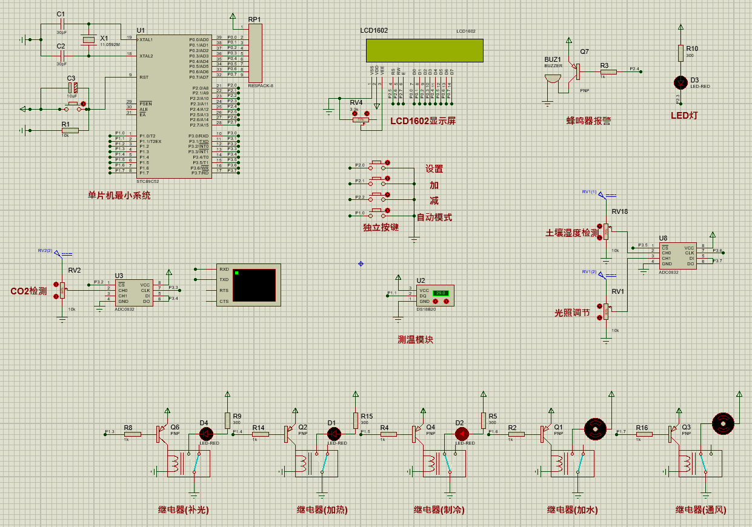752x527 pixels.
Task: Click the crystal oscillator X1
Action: [89, 40]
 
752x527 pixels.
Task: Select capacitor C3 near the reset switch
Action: [72, 87]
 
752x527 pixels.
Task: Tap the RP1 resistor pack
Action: [255, 53]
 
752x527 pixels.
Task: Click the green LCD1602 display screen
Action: [424, 50]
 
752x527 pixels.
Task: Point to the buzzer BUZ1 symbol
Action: [552, 79]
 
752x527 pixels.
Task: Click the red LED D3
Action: [680, 81]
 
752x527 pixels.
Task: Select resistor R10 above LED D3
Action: [680, 53]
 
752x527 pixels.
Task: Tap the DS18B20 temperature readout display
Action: [441, 293]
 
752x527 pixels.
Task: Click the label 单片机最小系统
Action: [119, 195]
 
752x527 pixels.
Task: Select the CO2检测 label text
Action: [28, 291]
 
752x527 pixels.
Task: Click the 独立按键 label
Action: [381, 227]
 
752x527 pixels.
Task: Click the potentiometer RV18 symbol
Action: [606, 230]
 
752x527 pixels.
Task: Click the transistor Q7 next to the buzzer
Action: [576, 72]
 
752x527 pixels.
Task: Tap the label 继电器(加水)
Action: [572, 509]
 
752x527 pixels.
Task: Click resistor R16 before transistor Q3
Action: [644, 434]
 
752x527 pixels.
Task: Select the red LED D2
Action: [462, 434]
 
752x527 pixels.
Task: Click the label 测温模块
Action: [415, 340]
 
